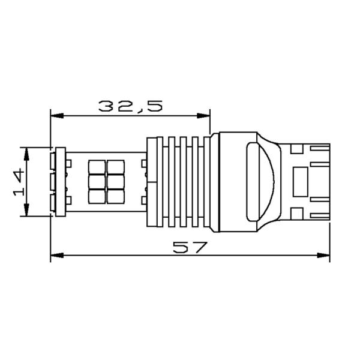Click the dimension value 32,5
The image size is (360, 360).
pyautogui.click(x=130, y=106)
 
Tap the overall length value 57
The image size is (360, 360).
pyautogui.click(x=189, y=247)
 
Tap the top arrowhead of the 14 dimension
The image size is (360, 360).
pyautogui.click(x=25, y=152)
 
